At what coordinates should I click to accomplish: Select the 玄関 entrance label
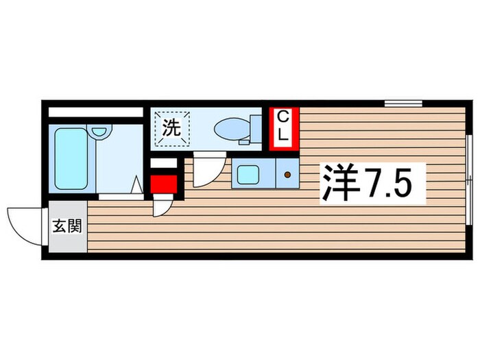click(67, 226)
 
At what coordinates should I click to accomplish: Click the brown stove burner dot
click(287, 176)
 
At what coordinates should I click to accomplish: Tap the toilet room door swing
click(206, 171)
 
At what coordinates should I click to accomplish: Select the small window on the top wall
click(403, 104)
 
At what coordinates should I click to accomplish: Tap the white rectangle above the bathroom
click(93, 112)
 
